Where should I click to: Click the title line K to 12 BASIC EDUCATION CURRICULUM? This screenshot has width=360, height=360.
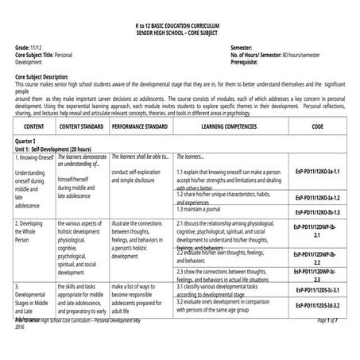point(180,27)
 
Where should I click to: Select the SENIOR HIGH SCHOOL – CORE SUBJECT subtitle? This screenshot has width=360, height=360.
point(180,34)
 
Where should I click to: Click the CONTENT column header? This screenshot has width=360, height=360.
point(34,127)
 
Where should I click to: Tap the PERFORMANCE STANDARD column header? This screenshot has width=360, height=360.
point(139,127)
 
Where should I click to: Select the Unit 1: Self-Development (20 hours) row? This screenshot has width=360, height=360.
point(57,148)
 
